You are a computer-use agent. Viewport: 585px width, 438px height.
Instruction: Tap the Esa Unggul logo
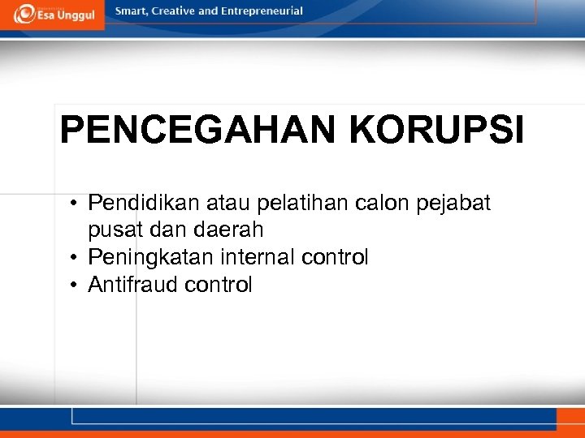click(x=53, y=13)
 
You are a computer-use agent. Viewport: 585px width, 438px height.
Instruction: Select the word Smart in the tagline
click(x=133, y=11)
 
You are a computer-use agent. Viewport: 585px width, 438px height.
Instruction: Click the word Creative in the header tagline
click(x=180, y=11)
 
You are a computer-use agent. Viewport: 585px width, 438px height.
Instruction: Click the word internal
click(x=255, y=257)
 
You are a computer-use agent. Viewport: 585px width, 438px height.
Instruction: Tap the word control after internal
click(x=335, y=257)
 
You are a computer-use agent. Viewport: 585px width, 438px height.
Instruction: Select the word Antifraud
click(x=132, y=285)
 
